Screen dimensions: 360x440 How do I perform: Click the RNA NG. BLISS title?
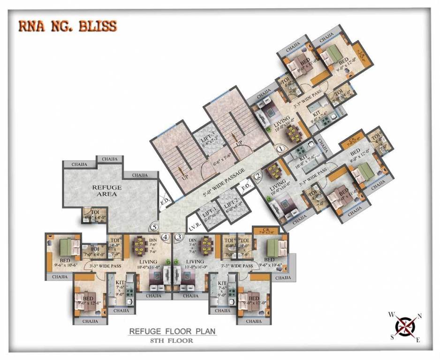tap(68, 26)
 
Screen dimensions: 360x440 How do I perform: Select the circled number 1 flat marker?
tap(280, 149)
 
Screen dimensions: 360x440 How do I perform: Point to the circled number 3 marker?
tap(178, 237)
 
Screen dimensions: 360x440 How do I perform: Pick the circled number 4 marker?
tap(165, 237)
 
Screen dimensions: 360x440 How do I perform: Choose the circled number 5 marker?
tap(153, 227)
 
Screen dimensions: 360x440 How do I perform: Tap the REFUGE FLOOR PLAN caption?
tap(172, 332)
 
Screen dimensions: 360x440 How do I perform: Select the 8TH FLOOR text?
tap(172, 340)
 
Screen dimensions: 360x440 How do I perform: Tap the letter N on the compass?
tap(419, 316)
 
